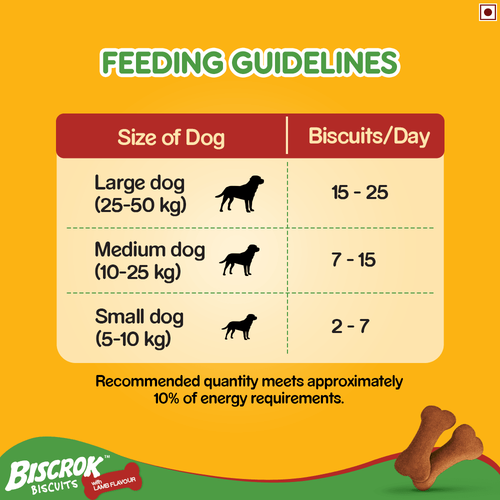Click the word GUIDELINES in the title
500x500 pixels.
click(314, 64)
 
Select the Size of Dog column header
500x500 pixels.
click(171, 137)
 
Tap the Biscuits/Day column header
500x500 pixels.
click(369, 136)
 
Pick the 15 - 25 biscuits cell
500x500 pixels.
click(360, 192)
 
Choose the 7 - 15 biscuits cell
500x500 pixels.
click(353, 260)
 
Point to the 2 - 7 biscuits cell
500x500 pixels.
click(350, 326)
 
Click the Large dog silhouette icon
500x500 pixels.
click(239, 194)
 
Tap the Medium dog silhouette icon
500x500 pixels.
click(239, 259)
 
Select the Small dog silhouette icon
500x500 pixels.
click(239, 327)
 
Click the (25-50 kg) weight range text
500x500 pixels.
click(140, 205)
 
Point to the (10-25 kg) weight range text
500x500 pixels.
click(137, 272)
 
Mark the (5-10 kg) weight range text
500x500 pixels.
click(133, 339)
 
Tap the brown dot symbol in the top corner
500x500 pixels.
click(487, 12)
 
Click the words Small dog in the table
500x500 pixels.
click(139, 316)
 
